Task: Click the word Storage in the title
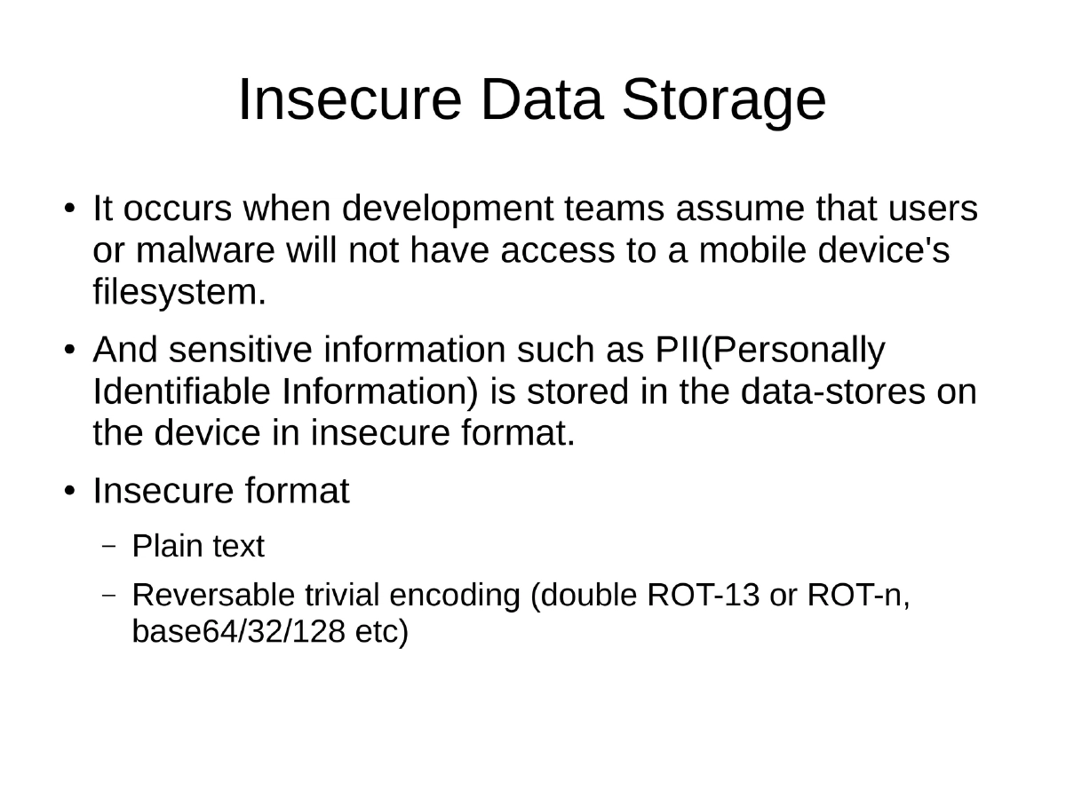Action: [x=723, y=100]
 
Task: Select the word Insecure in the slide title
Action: [x=349, y=100]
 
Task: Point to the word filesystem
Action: [x=179, y=292]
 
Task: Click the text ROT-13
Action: [x=704, y=595]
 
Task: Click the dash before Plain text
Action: [x=109, y=548]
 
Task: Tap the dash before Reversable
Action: [x=109, y=596]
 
